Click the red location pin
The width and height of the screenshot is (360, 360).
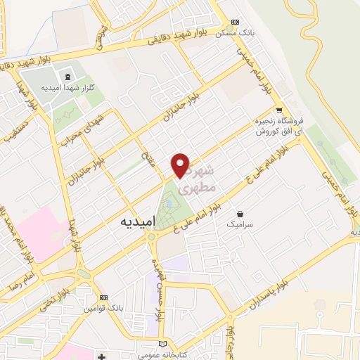coord(181,165)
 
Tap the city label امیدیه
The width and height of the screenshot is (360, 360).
coord(129,221)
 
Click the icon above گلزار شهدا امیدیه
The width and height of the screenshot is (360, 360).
coord(67,77)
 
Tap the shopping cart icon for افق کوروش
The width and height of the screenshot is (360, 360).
coord(279,110)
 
